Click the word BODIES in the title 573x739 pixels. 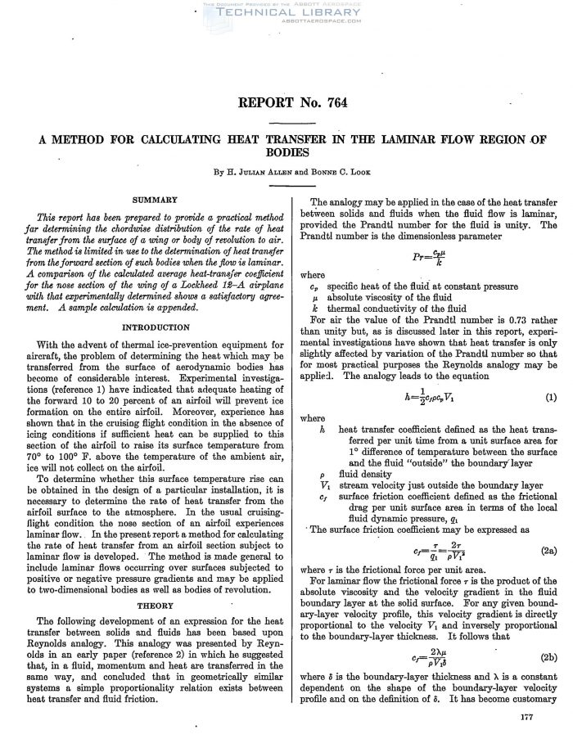tap(286, 152)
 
